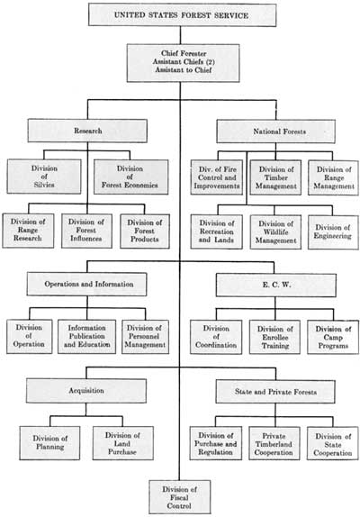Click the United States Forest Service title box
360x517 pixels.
182,14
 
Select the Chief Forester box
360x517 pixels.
183,63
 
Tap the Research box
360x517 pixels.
87,131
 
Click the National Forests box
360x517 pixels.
276,132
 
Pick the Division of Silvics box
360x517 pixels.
44,177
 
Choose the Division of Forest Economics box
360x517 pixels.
130,177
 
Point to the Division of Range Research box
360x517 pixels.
28,231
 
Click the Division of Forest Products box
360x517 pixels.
145,231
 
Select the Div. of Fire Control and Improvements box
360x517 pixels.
217,177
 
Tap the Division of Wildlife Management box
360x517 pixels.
275,232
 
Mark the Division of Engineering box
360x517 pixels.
333,232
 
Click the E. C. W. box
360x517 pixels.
276,285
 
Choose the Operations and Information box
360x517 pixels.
87,284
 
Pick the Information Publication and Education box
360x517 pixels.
87,336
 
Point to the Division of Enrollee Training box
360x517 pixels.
274,337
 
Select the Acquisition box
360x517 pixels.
86,391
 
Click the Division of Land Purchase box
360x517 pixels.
123,443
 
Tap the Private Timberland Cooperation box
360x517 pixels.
274,444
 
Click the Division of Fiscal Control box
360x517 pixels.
179,497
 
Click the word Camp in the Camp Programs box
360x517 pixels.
333,337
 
